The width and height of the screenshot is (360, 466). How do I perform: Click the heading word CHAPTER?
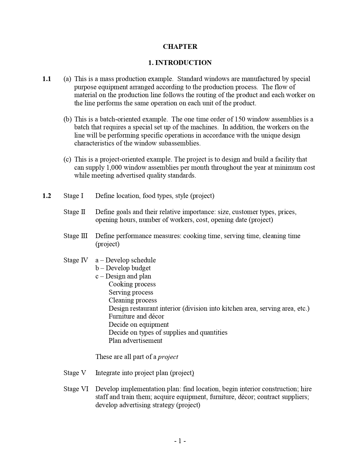coord(180,47)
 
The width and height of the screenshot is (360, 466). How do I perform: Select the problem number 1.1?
coord(47,79)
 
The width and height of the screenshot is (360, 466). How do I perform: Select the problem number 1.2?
coord(47,196)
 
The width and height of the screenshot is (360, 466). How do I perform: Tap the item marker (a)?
coord(67,79)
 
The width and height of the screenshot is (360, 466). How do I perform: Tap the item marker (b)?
coord(67,119)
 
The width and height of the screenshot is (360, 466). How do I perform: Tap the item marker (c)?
coord(67,159)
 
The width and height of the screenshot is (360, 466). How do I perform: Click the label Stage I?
coord(73,196)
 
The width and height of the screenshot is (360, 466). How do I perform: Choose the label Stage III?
coord(75,236)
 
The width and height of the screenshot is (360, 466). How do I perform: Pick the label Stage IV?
coord(76,260)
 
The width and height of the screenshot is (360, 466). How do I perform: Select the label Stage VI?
coord(76,389)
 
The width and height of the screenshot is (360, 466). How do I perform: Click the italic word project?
coord(168,357)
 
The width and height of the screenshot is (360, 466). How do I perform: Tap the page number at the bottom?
coord(180,441)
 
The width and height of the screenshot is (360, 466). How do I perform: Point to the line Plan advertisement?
coord(136,341)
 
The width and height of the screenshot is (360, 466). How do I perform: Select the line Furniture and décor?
coord(136,316)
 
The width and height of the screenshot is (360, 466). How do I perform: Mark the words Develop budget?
coord(128,268)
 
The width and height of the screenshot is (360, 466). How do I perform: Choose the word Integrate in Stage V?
coord(108,373)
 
